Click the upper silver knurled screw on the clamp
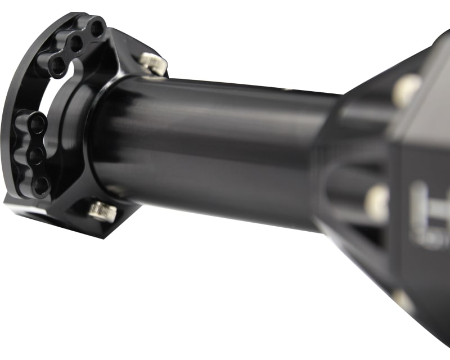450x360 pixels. [x=153, y=62]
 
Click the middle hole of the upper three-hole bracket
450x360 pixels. [x=76, y=44]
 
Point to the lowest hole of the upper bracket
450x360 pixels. [x=57, y=65]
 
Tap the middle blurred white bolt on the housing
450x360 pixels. [x=377, y=201]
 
